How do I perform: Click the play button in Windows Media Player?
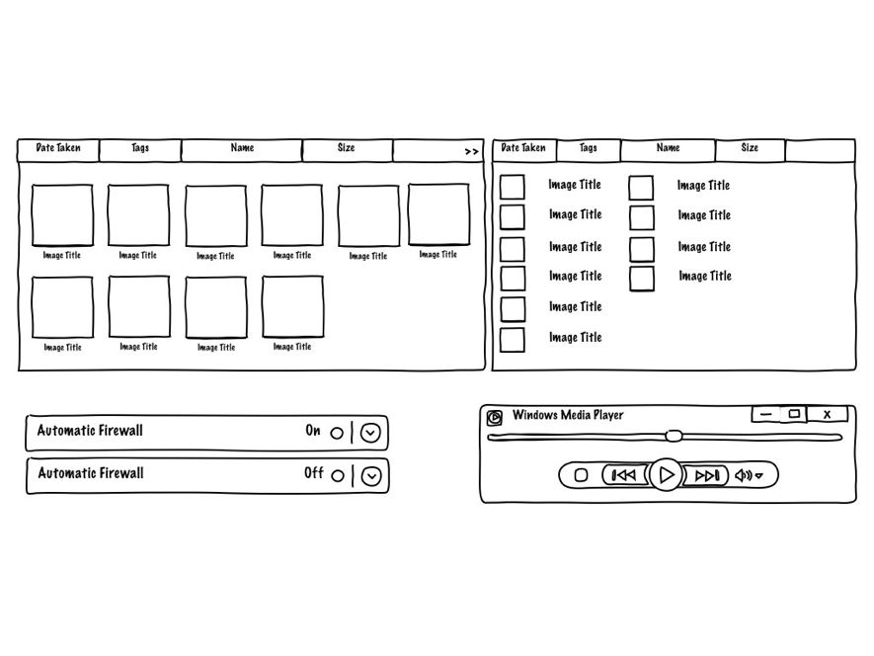667,475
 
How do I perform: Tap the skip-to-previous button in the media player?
624,475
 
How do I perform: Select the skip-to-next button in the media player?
707,475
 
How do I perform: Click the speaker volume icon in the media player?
744,475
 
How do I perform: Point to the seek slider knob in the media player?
674,435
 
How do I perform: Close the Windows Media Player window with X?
828,415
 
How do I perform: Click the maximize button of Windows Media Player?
794,414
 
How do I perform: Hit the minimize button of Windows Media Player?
764,415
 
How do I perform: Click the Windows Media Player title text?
568,415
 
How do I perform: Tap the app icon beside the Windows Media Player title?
495,417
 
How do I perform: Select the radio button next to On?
337,433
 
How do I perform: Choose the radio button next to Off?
338,475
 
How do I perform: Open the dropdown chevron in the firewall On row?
370,433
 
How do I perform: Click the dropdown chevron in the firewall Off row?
370,476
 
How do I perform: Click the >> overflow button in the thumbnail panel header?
471,152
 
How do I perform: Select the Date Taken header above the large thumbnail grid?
58,148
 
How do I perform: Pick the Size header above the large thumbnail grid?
346,148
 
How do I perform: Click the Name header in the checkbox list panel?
669,148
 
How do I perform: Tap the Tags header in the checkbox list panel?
589,148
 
